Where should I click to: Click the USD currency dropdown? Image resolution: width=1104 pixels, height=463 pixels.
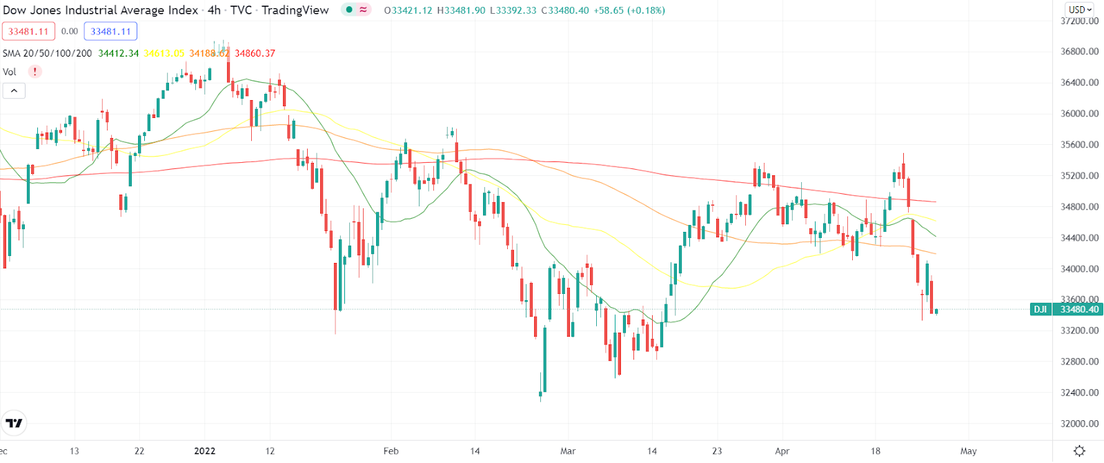[1080, 10]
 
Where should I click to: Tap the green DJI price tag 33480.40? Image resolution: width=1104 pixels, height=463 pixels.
[1067, 309]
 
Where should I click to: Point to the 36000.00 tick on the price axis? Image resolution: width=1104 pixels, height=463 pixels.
[1079, 114]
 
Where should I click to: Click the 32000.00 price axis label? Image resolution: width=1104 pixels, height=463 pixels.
[1079, 424]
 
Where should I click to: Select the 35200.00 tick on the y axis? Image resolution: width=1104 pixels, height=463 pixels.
[1079, 176]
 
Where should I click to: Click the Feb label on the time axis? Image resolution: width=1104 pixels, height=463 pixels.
[391, 451]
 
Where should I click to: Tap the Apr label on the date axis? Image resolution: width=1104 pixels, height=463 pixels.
[782, 451]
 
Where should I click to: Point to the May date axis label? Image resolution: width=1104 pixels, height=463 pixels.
[969, 451]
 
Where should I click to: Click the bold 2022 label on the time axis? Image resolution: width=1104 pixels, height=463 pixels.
[205, 451]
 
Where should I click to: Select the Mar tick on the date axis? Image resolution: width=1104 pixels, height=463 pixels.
[568, 451]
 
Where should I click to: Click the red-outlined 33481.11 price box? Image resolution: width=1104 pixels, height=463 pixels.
[28, 31]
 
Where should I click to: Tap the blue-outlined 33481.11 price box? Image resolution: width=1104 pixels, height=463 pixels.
[110, 31]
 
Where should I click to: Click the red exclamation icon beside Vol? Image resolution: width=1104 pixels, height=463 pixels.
[34, 72]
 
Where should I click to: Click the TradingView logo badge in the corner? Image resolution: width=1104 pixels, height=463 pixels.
[14, 423]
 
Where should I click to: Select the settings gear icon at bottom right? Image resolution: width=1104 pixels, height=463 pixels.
[1080, 451]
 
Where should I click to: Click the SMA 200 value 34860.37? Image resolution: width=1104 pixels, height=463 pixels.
[255, 53]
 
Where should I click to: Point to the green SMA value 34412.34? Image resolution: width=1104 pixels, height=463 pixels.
[118, 53]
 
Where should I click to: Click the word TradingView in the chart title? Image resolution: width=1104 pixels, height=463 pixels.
[295, 10]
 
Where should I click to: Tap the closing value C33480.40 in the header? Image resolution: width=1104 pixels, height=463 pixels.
[565, 10]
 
